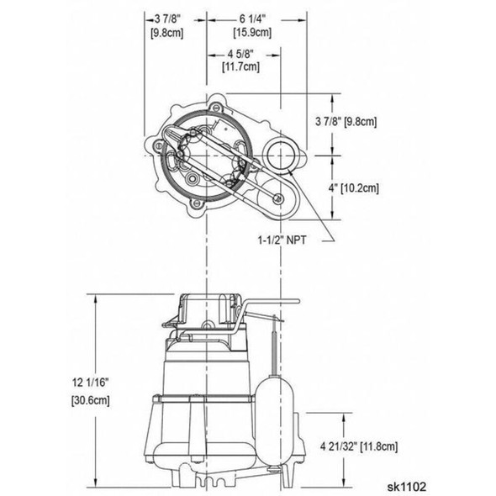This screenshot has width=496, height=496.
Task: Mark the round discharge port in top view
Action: [x=277, y=156]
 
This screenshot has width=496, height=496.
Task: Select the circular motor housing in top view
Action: [x=200, y=157]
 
